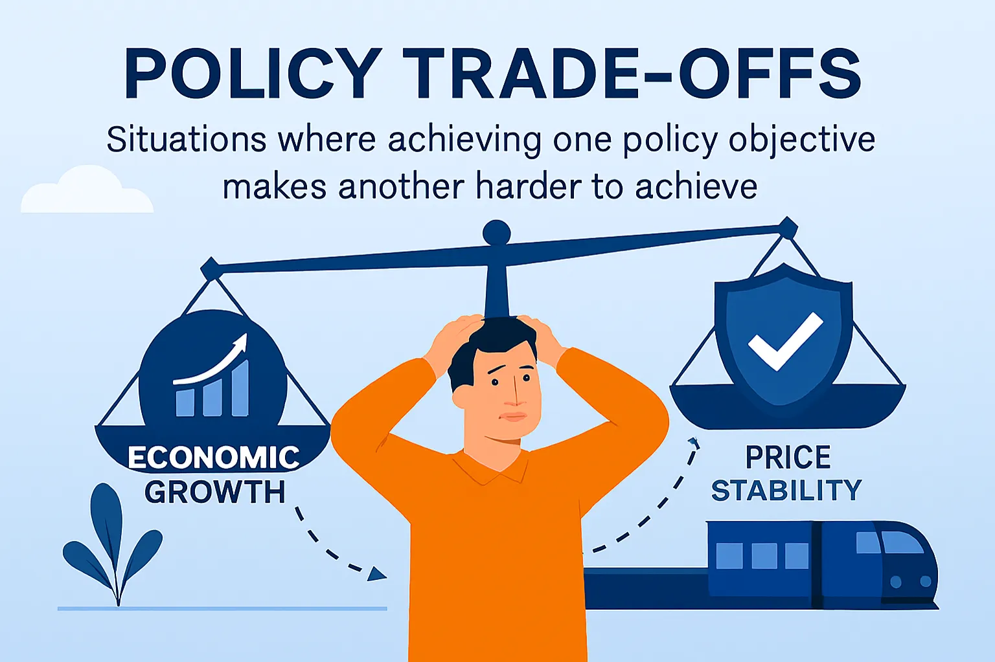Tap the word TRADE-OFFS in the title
click(632, 74)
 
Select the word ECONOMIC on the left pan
click(214, 458)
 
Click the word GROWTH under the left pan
click(215, 492)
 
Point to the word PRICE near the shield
click(788, 457)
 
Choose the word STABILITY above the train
click(786, 491)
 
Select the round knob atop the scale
click(497, 233)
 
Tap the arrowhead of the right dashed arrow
click(694, 443)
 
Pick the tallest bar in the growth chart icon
click(240, 388)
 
